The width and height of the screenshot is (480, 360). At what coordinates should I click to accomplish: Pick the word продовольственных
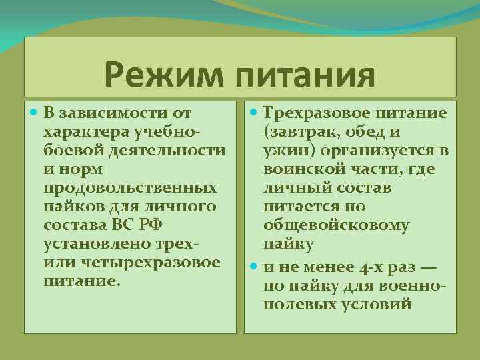(x=129, y=188)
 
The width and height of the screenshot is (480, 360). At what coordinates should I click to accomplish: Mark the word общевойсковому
(x=336, y=225)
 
